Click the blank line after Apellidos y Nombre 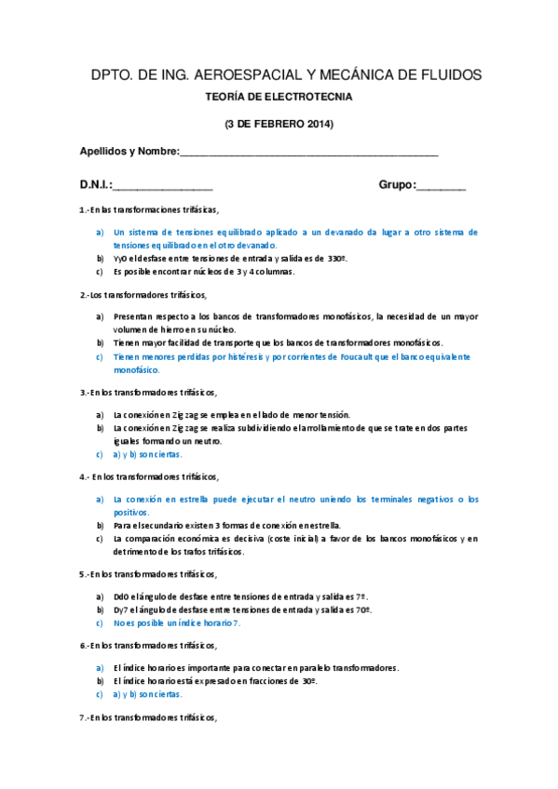[x=307, y=152]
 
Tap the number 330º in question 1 [x=333, y=258]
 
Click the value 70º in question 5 [x=362, y=609]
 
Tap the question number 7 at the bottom [x=82, y=718]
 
